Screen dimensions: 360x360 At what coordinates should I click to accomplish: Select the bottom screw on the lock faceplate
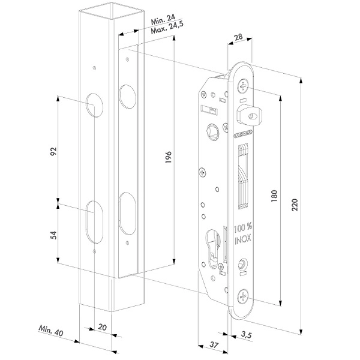(x=243, y=294)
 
